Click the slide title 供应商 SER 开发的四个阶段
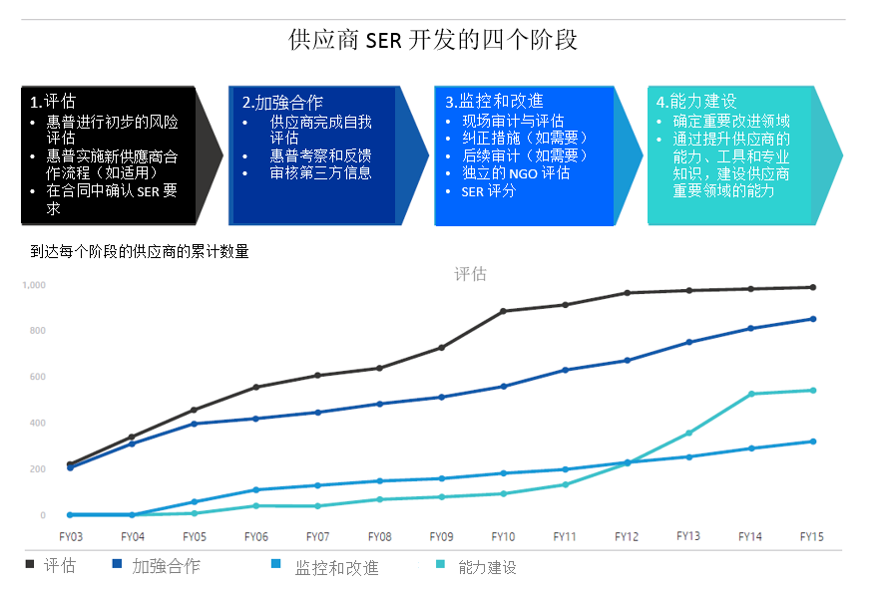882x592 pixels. [432, 41]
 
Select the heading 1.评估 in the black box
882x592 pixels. [53, 101]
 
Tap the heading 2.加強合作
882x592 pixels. [282, 102]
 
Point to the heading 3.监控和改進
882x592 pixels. [495, 101]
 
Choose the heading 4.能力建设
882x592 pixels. [696, 101]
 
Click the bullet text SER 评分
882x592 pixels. [489, 190]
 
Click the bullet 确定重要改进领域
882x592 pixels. [731, 121]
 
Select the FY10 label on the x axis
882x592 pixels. [503, 536]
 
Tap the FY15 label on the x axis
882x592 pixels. [812, 536]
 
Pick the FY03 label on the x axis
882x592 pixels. [71, 536]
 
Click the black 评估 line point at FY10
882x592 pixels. [503, 311]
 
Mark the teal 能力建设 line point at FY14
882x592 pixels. [750, 394]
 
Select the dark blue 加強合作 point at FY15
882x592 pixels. [812, 319]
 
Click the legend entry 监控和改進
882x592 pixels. [336, 568]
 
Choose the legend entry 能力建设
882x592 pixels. [488, 568]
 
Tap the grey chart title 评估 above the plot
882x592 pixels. [470, 274]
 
